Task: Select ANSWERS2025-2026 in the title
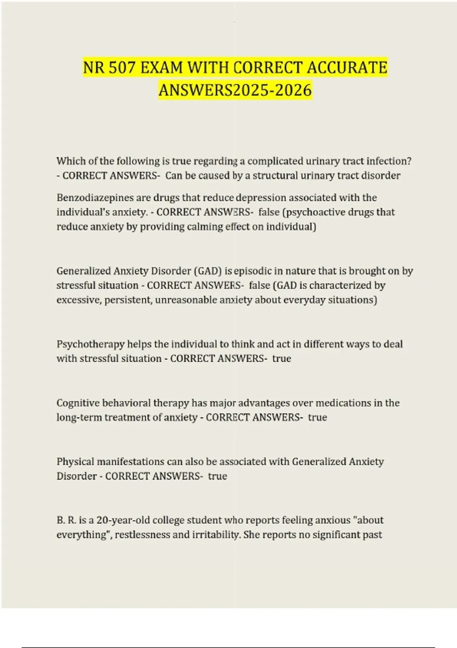coord(235,90)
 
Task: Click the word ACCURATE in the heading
coord(347,68)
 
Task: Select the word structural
coord(277,175)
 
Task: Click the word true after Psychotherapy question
coord(282,358)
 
